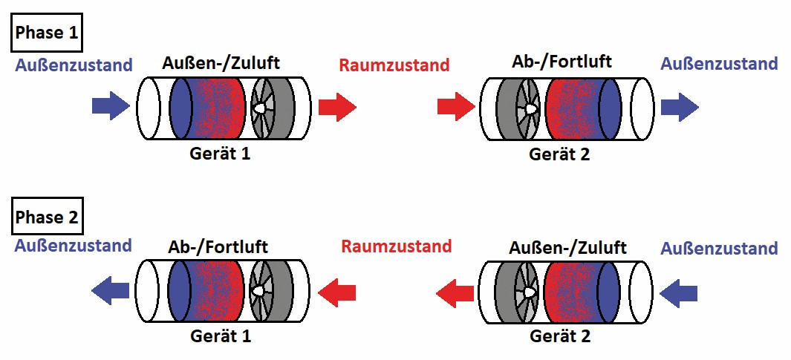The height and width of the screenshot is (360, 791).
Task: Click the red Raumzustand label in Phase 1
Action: [394, 65]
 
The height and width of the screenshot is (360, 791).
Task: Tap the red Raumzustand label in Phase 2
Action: [396, 246]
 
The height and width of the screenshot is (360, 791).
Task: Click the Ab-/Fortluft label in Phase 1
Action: [562, 62]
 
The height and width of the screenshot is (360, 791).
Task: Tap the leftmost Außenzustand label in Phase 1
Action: [74, 65]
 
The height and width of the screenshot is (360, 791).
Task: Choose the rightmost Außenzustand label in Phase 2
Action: [718, 249]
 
